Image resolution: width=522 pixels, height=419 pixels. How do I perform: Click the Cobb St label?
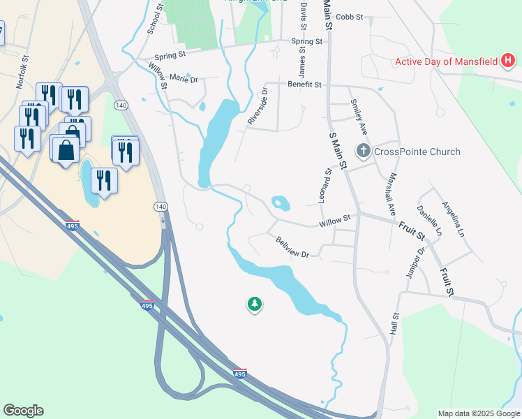point(350,17)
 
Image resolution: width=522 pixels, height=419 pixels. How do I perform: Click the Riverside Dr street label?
point(258,106)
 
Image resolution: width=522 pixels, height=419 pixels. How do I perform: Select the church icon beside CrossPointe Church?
point(363,151)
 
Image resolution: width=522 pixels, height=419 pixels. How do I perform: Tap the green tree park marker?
point(255,304)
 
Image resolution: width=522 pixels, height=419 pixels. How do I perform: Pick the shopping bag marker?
point(66,149)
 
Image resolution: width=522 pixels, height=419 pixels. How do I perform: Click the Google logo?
point(23,411)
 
